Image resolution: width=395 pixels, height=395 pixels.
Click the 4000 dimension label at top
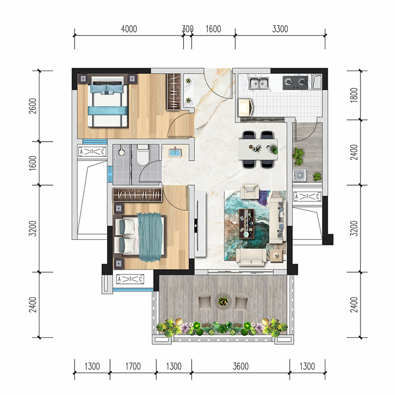(129, 29)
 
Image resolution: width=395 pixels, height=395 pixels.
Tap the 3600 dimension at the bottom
(240, 366)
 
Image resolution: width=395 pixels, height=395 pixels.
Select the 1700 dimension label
(133, 366)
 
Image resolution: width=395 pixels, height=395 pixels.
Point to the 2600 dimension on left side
(33, 106)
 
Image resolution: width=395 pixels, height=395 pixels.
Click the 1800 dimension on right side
(354, 95)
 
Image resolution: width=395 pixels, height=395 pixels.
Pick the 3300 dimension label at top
(280, 29)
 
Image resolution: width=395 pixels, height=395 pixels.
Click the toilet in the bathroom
(143, 155)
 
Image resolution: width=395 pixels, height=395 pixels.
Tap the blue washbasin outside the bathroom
(175, 153)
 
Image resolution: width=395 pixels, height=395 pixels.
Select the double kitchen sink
(259, 82)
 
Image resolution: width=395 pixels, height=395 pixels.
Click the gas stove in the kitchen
(295, 82)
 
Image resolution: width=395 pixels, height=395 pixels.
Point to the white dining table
(258, 150)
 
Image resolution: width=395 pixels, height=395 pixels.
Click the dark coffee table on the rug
(246, 224)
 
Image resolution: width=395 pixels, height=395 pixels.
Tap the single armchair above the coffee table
(249, 192)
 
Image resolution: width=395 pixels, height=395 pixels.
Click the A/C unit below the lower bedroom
(130, 279)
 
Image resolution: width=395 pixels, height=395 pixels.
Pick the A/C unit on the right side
(307, 197)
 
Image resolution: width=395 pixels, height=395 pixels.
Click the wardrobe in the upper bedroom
(174, 92)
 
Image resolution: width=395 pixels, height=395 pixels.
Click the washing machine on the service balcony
(300, 175)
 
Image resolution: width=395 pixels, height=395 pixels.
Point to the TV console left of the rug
(200, 224)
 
